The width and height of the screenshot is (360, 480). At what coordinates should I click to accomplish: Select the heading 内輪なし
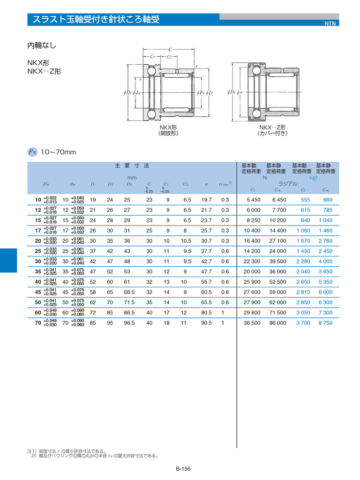click(42, 45)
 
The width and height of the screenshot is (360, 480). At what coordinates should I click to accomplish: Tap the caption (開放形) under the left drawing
click(168, 133)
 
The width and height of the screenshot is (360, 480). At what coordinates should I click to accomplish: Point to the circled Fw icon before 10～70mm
click(32, 152)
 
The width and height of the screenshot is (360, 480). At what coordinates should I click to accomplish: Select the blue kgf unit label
click(314, 178)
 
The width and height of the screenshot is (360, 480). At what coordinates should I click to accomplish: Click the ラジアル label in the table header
click(288, 184)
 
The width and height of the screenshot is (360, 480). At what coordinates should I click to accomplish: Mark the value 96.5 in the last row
click(127, 323)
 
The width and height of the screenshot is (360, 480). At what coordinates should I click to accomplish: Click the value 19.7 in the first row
click(206, 200)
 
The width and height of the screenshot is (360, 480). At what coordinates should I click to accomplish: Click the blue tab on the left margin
click(8, 261)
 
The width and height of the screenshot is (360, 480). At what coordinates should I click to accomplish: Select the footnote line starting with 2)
click(94, 455)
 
